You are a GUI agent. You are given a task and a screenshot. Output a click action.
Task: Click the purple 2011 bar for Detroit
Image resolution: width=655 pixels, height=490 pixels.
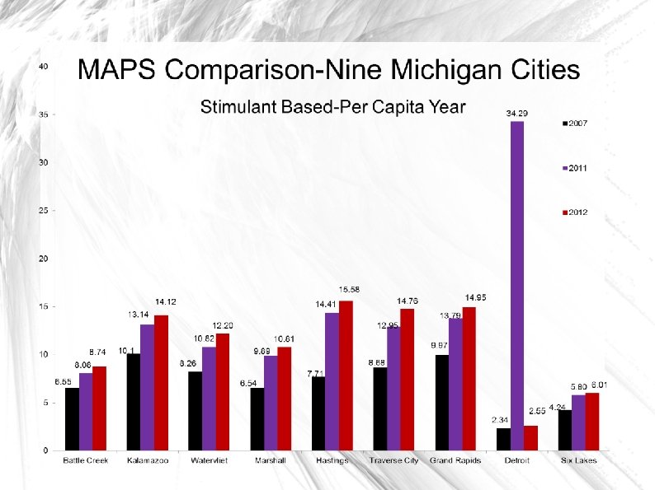(x=517, y=286)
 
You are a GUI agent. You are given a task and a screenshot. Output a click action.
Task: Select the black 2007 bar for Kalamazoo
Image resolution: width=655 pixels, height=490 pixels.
(x=134, y=402)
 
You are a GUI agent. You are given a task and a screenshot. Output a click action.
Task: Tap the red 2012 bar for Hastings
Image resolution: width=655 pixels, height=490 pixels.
(x=346, y=376)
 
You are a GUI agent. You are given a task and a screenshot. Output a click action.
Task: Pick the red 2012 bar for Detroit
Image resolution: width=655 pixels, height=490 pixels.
(x=530, y=438)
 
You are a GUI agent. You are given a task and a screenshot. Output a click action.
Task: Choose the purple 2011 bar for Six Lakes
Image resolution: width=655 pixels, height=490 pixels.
(x=578, y=422)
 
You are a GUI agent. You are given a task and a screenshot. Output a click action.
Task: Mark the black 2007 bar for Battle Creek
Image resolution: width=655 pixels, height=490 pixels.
(x=73, y=419)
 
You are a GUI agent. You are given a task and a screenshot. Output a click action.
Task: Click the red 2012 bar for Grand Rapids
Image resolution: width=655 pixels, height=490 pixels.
(x=469, y=379)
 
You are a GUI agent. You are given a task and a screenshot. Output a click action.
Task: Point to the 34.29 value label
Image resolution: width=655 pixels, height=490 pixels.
(x=517, y=112)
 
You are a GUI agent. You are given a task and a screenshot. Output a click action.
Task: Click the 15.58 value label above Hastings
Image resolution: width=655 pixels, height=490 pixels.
(x=349, y=290)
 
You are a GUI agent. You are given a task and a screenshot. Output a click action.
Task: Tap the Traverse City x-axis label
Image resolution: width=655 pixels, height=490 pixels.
(x=393, y=460)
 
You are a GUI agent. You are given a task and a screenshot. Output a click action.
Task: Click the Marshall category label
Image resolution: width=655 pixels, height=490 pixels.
(x=270, y=460)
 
